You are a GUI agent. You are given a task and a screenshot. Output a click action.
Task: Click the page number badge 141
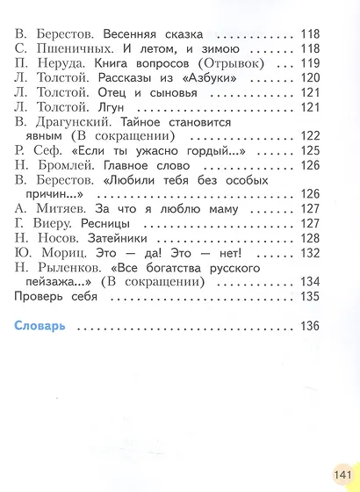[x=341, y=474]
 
